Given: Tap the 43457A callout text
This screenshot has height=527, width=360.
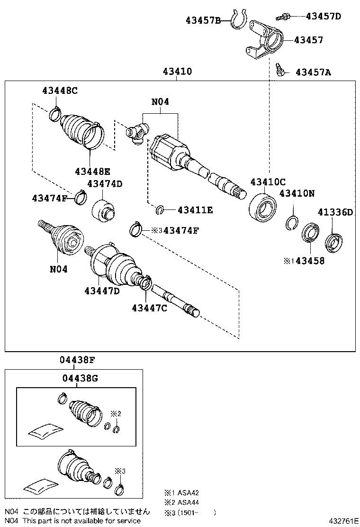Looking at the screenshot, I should point(313,73).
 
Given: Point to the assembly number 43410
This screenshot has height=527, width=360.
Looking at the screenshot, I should point(177,72).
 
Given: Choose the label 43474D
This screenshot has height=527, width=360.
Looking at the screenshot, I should point(104,184).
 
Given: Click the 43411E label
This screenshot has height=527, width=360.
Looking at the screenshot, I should point(195,209).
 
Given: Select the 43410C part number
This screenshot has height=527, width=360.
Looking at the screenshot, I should point(268,182).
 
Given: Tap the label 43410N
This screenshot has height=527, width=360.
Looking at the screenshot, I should point(297,193).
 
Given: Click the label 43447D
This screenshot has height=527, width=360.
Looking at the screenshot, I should point(102,291).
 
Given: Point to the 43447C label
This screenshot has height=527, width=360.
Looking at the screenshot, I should point(150,308).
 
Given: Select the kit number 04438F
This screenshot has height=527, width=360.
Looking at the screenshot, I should point(78,360).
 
